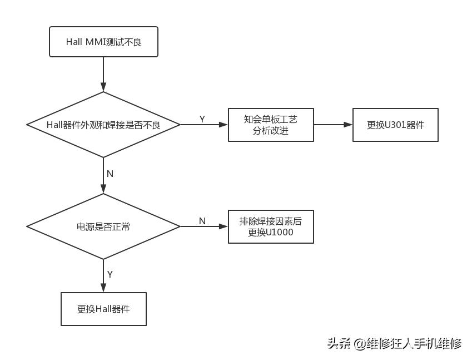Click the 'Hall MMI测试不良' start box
click(103, 42)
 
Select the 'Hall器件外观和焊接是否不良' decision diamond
click(103, 125)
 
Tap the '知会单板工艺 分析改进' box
click(271, 125)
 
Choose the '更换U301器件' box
click(395, 125)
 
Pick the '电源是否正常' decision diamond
click(103, 226)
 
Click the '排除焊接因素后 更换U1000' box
click(271, 226)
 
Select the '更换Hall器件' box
click(103, 309)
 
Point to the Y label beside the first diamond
click(202, 119)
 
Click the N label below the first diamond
click(110, 174)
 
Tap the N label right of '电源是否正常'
click(202, 221)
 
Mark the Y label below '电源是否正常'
click(110, 274)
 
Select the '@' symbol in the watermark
click(359, 344)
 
